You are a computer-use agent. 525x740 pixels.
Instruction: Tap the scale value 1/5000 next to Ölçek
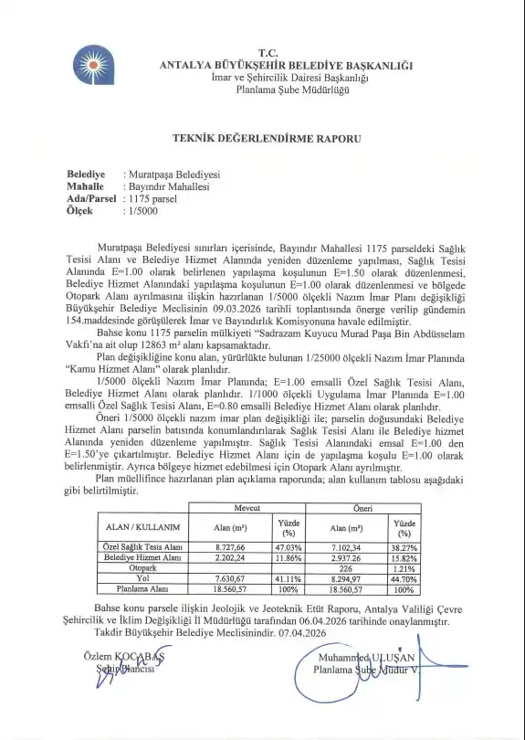142,210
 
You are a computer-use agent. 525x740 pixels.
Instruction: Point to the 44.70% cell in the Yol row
404,578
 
